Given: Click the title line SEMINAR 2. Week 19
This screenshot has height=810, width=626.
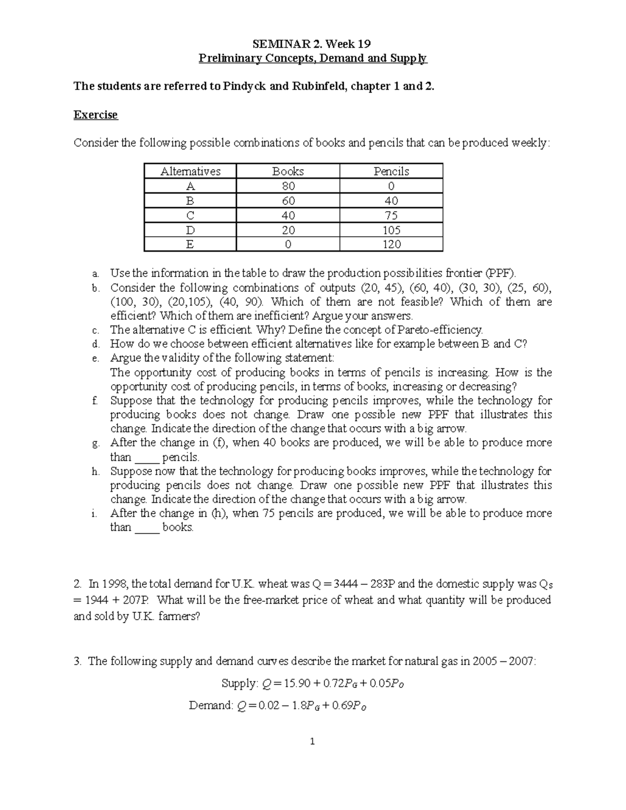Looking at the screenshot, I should pos(312,43).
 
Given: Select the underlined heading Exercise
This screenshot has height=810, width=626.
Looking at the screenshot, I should pos(95,115).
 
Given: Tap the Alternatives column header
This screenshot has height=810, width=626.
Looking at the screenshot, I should pos(190,171).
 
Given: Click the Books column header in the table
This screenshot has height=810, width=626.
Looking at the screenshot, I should pos(287,171).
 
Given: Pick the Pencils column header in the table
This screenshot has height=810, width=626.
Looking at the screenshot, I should pos(391,171).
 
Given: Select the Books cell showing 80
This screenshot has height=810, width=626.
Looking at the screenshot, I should pos(287,186).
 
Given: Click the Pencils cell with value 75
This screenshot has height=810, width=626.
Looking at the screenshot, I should pos(391,215).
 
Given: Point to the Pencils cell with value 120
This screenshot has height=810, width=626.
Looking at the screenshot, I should pos(391,245).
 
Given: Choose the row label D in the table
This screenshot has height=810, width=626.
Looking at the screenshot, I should pos(190,230).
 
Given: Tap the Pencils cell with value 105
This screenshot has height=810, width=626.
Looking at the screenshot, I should pos(391,230).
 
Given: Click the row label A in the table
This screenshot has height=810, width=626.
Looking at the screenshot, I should pos(190,186).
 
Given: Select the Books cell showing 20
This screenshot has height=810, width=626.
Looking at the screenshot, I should pos(287,230).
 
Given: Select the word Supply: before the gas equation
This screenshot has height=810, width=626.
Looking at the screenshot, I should pos(240,684).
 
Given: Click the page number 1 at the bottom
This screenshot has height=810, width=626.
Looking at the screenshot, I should pos(312,742).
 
